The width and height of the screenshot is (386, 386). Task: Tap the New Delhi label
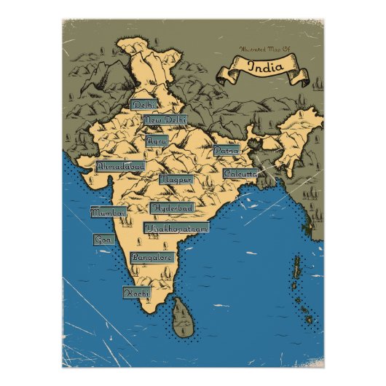click(x=165, y=119)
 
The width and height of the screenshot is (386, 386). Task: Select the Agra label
click(x=157, y=140)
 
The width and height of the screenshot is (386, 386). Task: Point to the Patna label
click(x=226, y=150)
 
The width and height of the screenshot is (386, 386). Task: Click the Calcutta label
click(x=240, y=174)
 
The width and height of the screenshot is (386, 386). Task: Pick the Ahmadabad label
click(x=121, y=166)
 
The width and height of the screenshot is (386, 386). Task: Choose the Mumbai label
click(x=108, y=213)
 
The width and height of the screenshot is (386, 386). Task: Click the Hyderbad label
click(x=173, y=208)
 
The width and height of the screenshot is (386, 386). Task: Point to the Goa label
click(x=101, y=239)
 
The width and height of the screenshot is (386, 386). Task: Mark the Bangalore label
click(x=152, y=257)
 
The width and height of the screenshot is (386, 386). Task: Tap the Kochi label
click(x=136, y=292)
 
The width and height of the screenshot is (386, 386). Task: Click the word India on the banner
click(x=261, y=66)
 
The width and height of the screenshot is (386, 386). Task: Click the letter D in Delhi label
click(x=136, y=105)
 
